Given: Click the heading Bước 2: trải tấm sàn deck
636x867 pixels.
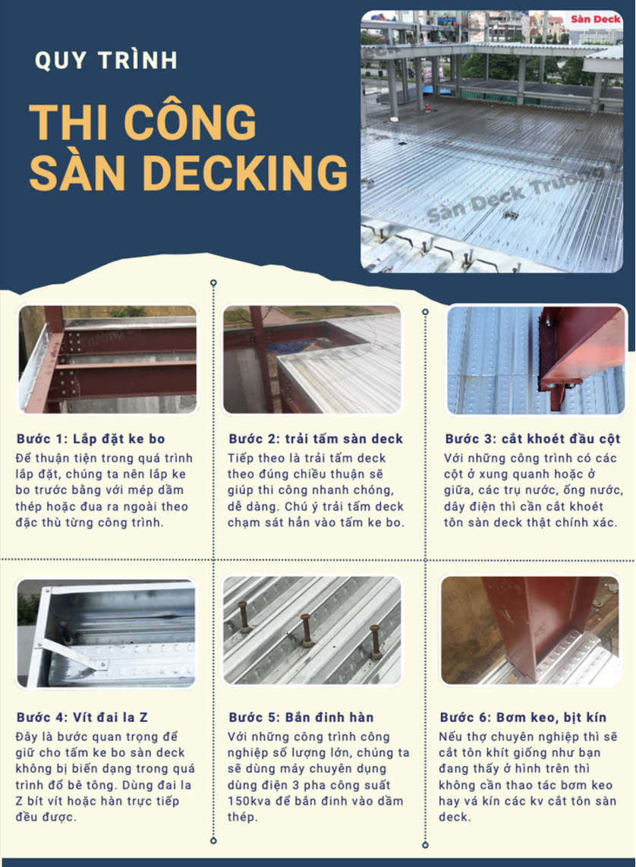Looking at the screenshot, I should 315,440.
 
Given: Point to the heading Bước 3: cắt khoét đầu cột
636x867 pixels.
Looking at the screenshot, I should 533,440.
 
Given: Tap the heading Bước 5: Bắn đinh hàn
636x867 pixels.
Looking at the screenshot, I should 301,716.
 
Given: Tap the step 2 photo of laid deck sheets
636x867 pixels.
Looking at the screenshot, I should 311,359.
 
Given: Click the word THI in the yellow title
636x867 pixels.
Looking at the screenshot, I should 67,123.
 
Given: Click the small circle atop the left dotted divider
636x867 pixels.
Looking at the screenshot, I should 213,282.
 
